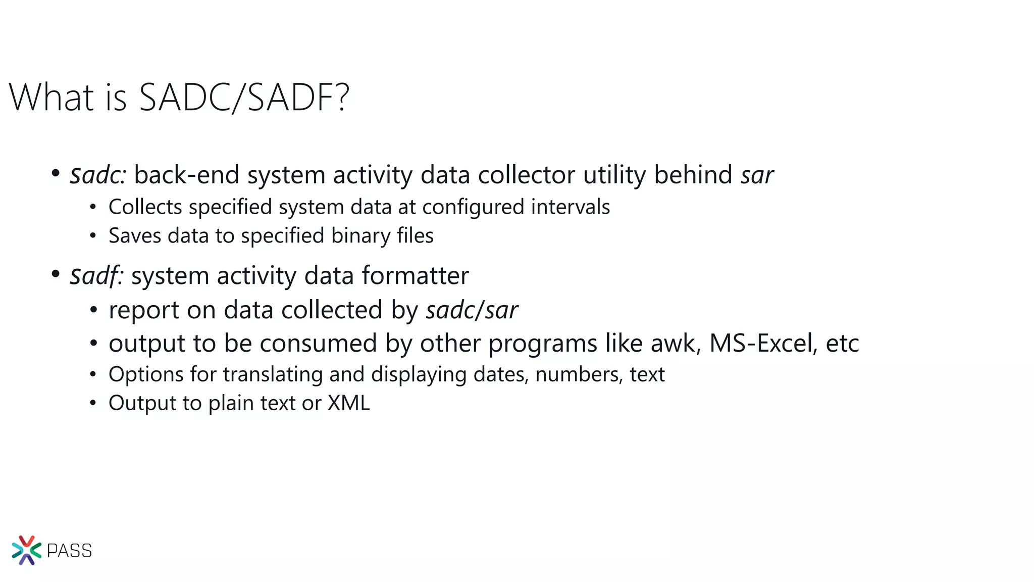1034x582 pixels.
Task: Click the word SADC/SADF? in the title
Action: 244,97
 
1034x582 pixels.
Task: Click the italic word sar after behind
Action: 757,175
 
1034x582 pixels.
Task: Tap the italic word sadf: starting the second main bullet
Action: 96,276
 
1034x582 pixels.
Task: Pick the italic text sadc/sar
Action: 472,310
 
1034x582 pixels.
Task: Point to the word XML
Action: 349,403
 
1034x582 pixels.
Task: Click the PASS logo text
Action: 69,551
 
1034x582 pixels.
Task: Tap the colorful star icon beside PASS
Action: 26,550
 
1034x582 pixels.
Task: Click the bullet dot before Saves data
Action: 92,236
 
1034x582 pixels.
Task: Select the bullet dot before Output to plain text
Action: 92,403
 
